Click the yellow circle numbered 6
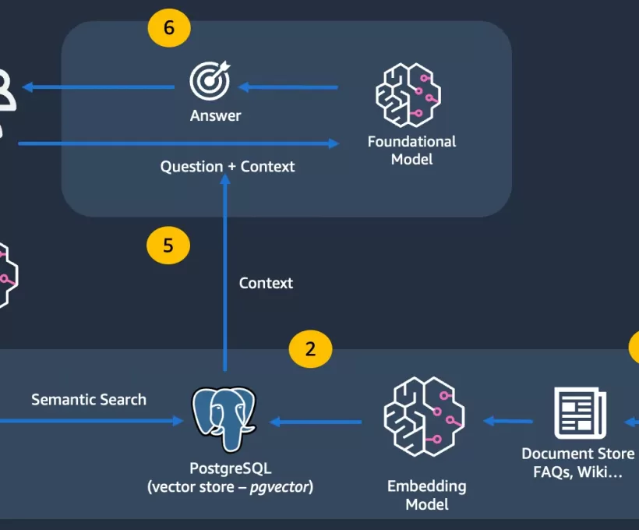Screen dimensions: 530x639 (169, 28)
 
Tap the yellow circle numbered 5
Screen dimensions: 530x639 (168, 246)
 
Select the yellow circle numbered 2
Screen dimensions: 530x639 (310, 348)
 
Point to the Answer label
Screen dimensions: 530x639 (216, 116)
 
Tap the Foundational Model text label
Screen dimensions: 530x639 (411, 150)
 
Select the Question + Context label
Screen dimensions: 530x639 (228, 167)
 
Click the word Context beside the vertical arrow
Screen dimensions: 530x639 (266, 283)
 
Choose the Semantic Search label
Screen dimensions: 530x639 (89, 400)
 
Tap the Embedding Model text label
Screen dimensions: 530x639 (426, 495)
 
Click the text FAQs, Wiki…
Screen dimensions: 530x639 (577, 472)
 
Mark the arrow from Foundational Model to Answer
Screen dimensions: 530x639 (288, 87)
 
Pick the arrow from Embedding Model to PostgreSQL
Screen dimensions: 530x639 (316, 422)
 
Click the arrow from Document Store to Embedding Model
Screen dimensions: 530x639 (508, 422)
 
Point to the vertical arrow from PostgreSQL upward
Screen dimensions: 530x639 (225, 273)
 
